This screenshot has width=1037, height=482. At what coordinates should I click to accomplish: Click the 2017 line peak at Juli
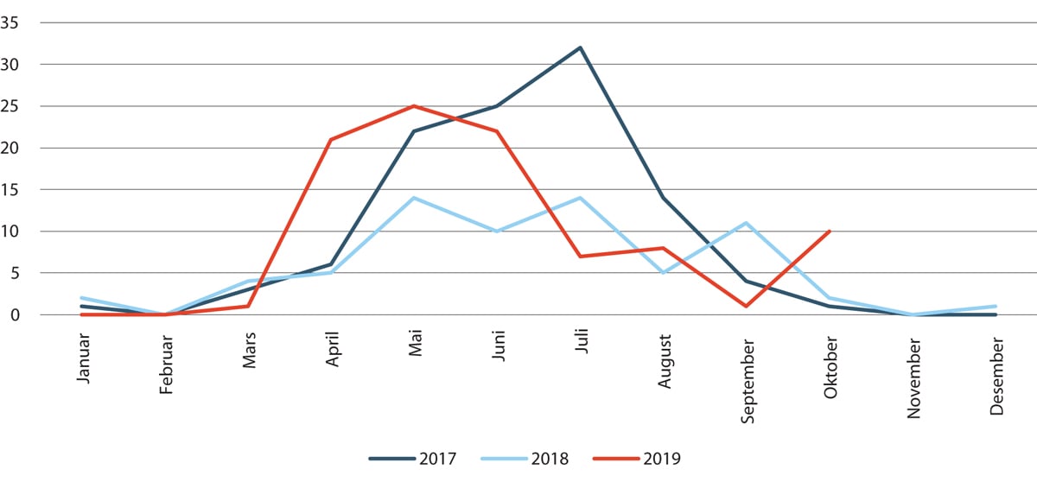point(580,48)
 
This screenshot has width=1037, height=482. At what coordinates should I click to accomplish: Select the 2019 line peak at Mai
point(414,106)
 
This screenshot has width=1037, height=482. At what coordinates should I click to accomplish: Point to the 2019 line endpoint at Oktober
point(830,231)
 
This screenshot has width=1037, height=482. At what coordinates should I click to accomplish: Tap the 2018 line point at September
point(746,223)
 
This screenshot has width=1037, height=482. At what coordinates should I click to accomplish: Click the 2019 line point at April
point(331,139)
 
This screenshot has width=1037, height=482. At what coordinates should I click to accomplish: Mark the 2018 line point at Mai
point(414,198)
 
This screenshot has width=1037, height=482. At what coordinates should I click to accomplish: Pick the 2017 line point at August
point(663,198)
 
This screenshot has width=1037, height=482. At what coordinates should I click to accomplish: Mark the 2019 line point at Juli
point(580,257)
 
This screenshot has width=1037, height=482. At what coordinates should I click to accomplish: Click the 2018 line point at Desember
point(996,307)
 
